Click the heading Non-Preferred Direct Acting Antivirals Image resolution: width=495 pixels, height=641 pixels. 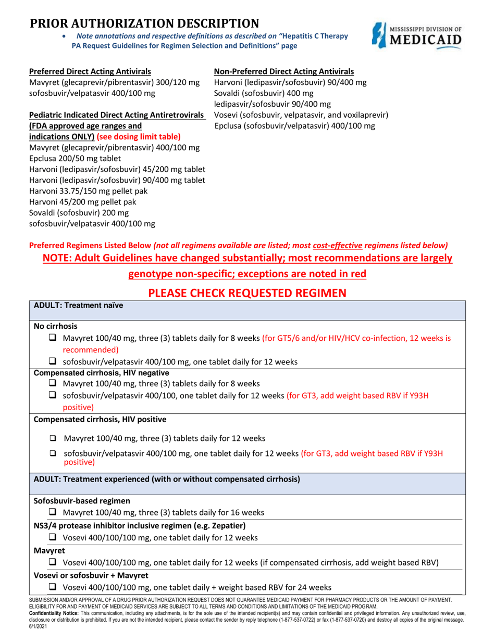tap(284, 71)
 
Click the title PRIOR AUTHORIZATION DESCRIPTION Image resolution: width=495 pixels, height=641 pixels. tap(144, 23)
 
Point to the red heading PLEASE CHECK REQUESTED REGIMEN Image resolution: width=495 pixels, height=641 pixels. tap(247, 293)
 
